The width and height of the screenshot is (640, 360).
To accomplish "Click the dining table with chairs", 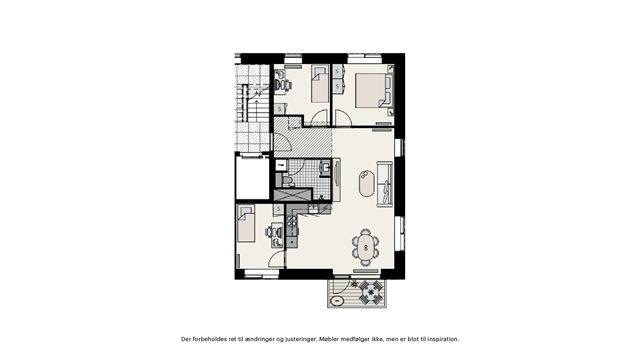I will [x=366, y=245].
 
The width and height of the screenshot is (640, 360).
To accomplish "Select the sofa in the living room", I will [x=385, y=184].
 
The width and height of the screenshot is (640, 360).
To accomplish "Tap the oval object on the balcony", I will [x=341, y=296].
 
